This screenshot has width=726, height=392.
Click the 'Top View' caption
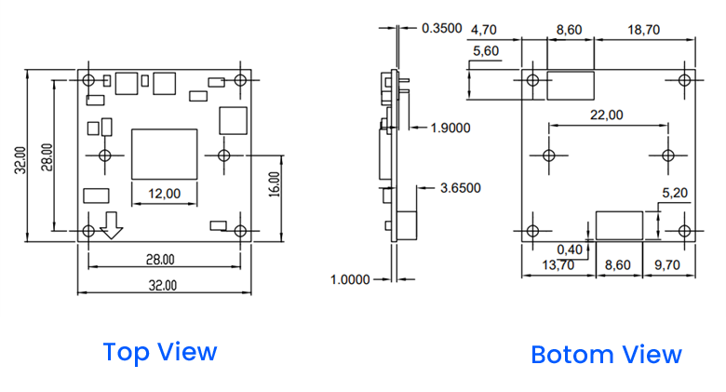[x=159, y=352]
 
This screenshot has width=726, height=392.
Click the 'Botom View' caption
[x=606, y=355]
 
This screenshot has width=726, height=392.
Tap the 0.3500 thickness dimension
[x=442, y=28]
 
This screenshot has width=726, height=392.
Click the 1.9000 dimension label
[x=451, y=127]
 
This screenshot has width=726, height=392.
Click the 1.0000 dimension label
[x=351, y=278]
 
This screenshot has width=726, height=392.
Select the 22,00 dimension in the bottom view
[x=608, y=115]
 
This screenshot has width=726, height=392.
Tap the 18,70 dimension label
[x=644, y=30]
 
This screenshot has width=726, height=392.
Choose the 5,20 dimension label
[x=674, y=193]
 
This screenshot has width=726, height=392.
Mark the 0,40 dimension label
[x=571, y=249]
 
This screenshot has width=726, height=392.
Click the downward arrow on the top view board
[x=113, y=223]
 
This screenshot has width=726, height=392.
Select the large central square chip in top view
[x=165, y=155]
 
